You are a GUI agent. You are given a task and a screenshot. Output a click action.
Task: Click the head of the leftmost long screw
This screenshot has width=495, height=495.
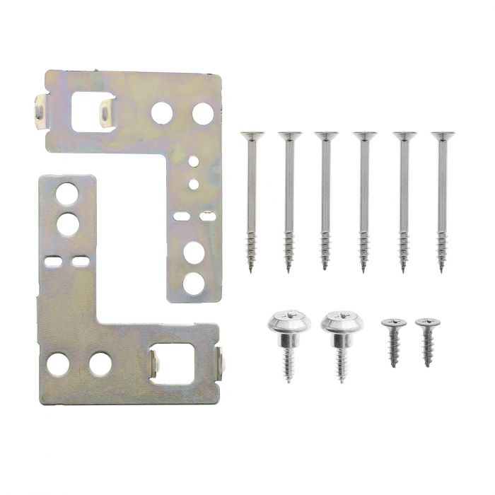click(252, 136)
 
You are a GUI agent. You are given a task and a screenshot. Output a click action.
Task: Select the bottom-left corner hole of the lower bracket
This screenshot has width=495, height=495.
click(58, 363)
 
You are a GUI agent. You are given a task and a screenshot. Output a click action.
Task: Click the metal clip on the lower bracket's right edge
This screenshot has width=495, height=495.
click(223, 361)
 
